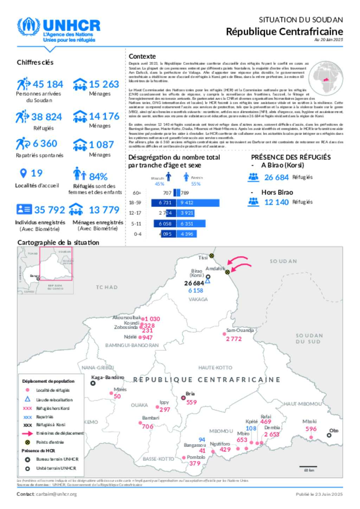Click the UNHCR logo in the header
tap(58, 30)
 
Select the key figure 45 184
tap(48, 84)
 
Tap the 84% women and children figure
tap(98, 176)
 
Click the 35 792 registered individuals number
tap(50, 210)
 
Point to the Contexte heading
tap(142, 56)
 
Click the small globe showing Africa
tap(326, 77)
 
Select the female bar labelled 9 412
tap(200, 203)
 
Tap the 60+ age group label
tap(137, 193)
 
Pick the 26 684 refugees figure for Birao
tap(276, 177)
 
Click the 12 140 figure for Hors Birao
tap(276, 202)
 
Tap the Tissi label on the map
tap(203, 258)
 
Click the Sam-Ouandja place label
tap(240, 330)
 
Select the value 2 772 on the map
tap(234, 339)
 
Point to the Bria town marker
tap(183, 398)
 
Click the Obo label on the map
tap(334, 430)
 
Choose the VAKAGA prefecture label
tap(198, 299)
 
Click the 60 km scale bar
tap(308, 466)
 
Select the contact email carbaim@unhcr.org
tap(56, 494)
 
